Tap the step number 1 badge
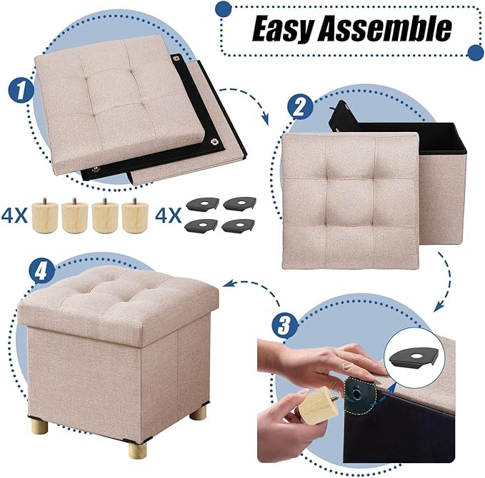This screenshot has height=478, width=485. point(21,91)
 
